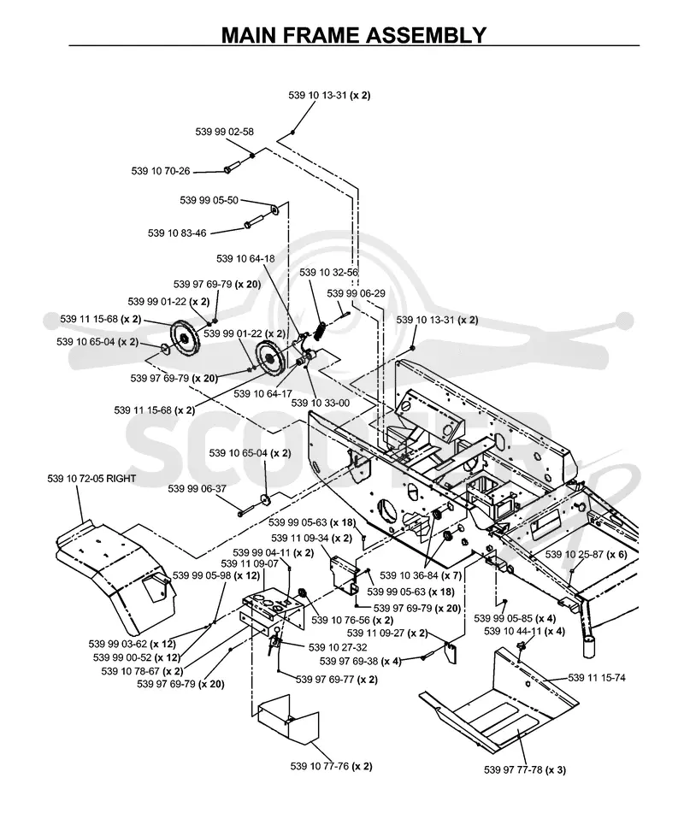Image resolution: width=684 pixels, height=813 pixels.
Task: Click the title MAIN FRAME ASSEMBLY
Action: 354,35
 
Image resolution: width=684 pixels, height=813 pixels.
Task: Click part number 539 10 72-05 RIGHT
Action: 91,479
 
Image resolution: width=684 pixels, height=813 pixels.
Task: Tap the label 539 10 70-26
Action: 161,171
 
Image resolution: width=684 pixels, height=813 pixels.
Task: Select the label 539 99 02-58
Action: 225,132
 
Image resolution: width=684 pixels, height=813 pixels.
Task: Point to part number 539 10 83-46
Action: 177,233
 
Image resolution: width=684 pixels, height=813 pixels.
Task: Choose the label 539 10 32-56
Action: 329,273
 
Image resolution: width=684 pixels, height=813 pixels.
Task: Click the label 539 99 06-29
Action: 357,293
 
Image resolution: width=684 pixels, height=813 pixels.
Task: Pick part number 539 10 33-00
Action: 321,403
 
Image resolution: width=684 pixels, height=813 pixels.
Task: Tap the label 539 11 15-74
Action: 597,678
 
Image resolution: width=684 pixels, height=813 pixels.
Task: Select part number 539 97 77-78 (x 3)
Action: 525,770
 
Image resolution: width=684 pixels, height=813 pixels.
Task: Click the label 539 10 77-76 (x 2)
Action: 332,766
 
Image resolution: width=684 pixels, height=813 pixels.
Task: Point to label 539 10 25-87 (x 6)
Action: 586,554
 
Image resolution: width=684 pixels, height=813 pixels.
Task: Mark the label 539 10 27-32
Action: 338,648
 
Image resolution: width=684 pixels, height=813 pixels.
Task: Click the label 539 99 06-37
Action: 197,489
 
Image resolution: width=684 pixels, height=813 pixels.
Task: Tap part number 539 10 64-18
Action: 245,259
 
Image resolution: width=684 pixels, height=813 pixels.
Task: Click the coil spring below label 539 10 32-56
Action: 321,330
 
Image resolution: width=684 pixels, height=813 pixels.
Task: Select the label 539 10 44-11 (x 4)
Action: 524,631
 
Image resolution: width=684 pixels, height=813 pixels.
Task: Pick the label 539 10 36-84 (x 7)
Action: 421,575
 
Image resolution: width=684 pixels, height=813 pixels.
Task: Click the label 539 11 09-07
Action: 250,563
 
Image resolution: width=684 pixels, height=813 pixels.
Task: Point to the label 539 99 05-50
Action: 209,201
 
